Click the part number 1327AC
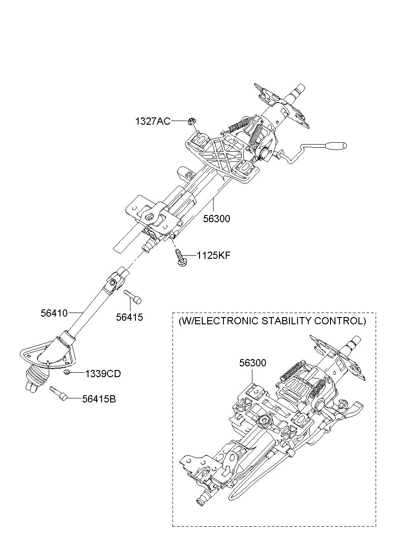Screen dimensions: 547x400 (153, 121)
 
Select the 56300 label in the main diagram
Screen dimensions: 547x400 (216, 219)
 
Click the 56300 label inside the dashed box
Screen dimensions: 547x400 (253, 363)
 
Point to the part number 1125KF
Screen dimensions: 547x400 (214, 256)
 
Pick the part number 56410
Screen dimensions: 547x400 (54, 313)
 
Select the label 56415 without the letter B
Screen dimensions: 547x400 (129, 317)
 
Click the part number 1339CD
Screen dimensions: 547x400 (102, 374)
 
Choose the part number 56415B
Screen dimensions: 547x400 (99, 399)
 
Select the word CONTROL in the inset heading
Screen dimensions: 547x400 (342, 321)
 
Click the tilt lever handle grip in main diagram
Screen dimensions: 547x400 (337, 146)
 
